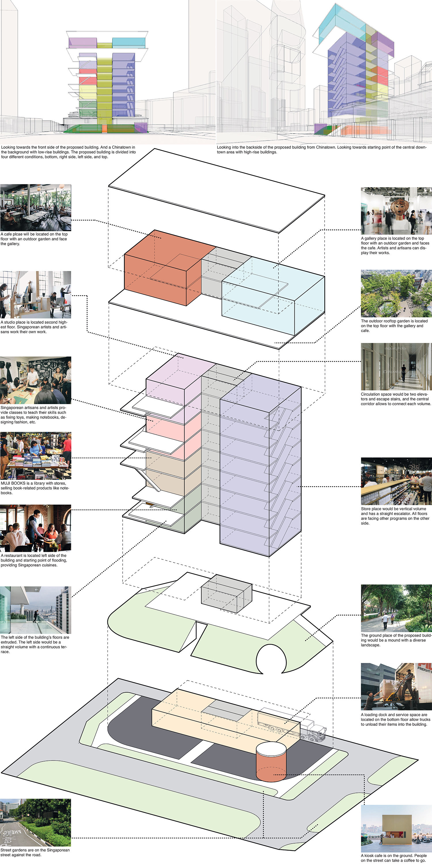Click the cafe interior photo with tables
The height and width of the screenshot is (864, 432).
click(x=35, y=207)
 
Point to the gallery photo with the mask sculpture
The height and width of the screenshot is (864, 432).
click(x=396, y=211)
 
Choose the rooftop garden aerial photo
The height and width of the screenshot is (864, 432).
click(x=396, y=293)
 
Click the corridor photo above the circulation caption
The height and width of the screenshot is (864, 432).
click(x=396, y=366)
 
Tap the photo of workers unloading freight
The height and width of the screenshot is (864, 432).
click(x=396, y=686)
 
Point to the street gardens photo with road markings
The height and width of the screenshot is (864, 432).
click(x=35, y=822)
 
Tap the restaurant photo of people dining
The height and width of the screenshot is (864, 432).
click(x=35, y=528)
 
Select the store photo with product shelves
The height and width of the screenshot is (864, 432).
click(x=396, y=481)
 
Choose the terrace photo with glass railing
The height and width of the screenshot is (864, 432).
click(x=35, y=610)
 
